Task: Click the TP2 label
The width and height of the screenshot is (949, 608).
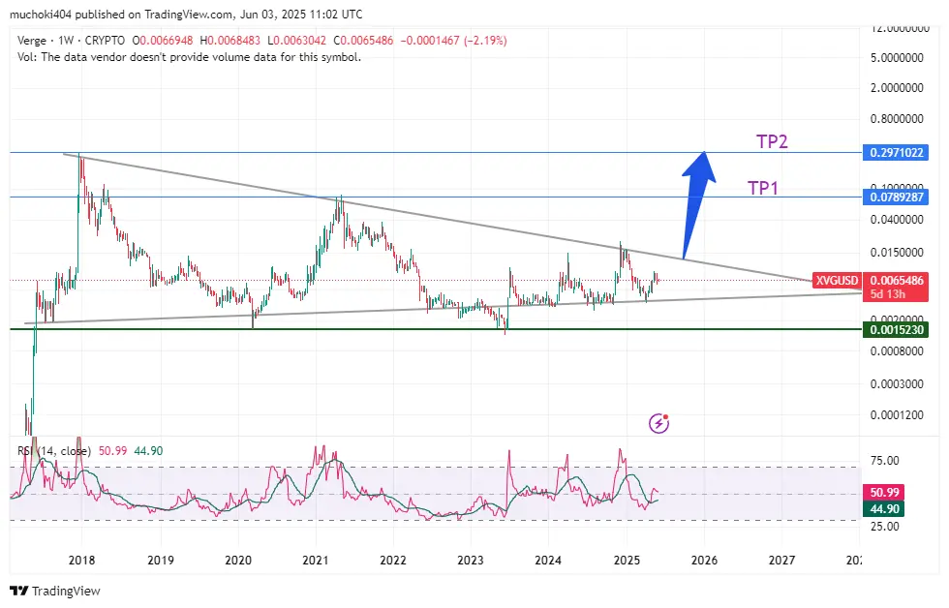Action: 772,142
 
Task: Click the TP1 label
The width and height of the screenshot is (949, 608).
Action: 763,188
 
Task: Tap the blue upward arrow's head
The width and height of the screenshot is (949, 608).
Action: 699,165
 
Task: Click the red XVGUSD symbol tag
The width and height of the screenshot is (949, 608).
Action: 837,281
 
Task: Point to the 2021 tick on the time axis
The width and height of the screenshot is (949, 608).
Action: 316,560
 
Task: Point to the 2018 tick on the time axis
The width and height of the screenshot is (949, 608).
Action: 81,560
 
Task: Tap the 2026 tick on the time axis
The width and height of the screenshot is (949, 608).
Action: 704,560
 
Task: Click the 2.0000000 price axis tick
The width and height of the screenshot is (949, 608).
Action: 895,88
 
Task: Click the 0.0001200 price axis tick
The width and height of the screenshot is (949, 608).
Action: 895,415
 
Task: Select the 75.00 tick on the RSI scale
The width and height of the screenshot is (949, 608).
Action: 885,461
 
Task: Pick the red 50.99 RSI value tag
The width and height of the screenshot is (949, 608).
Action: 888,493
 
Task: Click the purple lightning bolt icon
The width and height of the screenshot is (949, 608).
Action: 659,422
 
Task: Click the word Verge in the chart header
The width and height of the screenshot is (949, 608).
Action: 35,41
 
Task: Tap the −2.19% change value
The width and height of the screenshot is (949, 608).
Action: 484,41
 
